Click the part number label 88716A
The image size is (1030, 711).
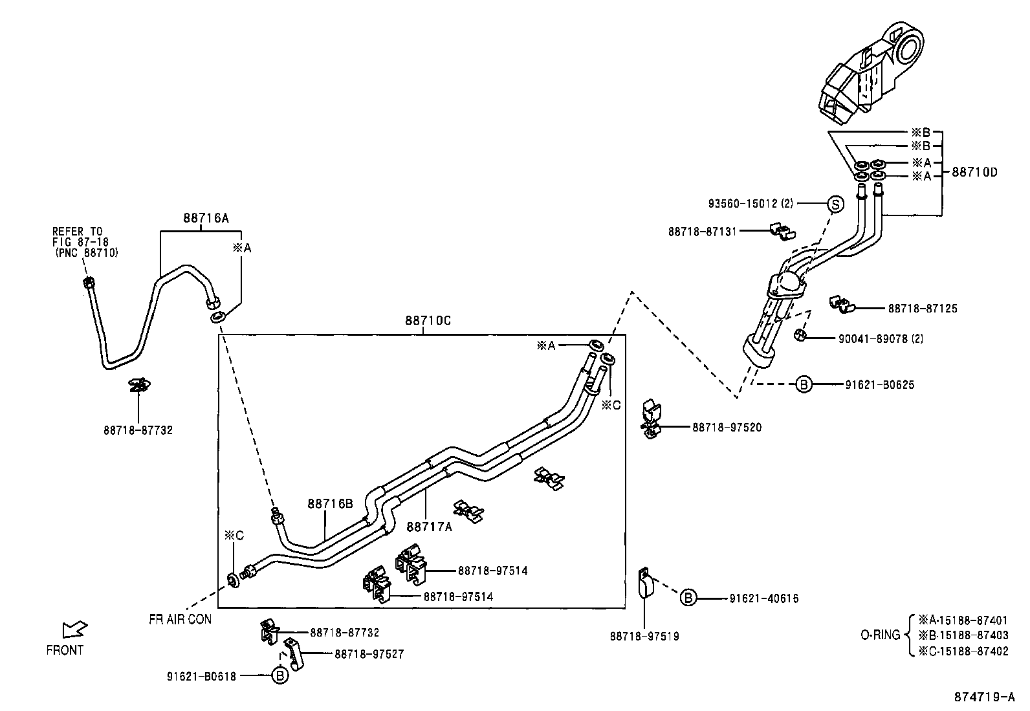coord(206,219)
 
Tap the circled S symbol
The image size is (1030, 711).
coord(835,204)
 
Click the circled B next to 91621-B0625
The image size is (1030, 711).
coord(803,384)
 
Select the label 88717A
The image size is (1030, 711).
coord(429,527)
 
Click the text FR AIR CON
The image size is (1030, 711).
coord(180,619)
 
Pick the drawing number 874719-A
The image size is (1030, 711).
coord(984,697)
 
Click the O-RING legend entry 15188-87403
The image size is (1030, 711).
coord(963,635)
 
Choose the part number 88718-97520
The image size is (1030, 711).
coord(727,428)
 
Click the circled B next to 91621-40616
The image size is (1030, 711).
coord(688,598)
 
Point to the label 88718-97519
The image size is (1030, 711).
coord(644,637)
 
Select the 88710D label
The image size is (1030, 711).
coord(974,172)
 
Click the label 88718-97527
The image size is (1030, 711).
coord(369,654)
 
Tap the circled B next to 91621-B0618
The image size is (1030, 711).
coord(279,676)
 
